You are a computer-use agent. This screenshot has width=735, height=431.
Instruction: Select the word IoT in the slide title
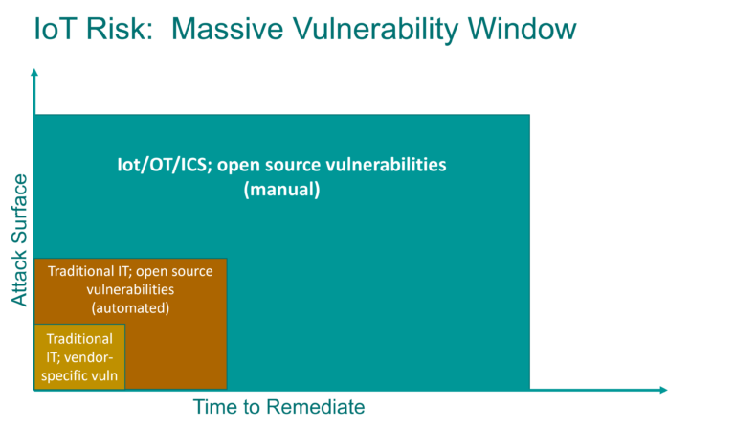(55, 29)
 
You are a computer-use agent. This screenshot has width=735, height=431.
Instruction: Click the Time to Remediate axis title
(279, 407)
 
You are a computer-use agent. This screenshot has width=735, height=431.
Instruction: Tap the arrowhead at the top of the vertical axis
(34, 73)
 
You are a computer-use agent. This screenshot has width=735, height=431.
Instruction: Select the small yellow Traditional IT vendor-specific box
(79, 357)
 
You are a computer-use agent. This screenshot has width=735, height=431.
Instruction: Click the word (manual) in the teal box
(280, 190)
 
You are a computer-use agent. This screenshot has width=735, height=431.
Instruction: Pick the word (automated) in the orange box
(130, 308)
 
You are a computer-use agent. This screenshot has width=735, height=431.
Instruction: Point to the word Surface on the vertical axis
(19, 211)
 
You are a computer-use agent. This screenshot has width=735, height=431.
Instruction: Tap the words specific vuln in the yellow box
(79, 375)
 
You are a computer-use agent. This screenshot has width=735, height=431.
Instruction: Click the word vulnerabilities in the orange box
(130, 290)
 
